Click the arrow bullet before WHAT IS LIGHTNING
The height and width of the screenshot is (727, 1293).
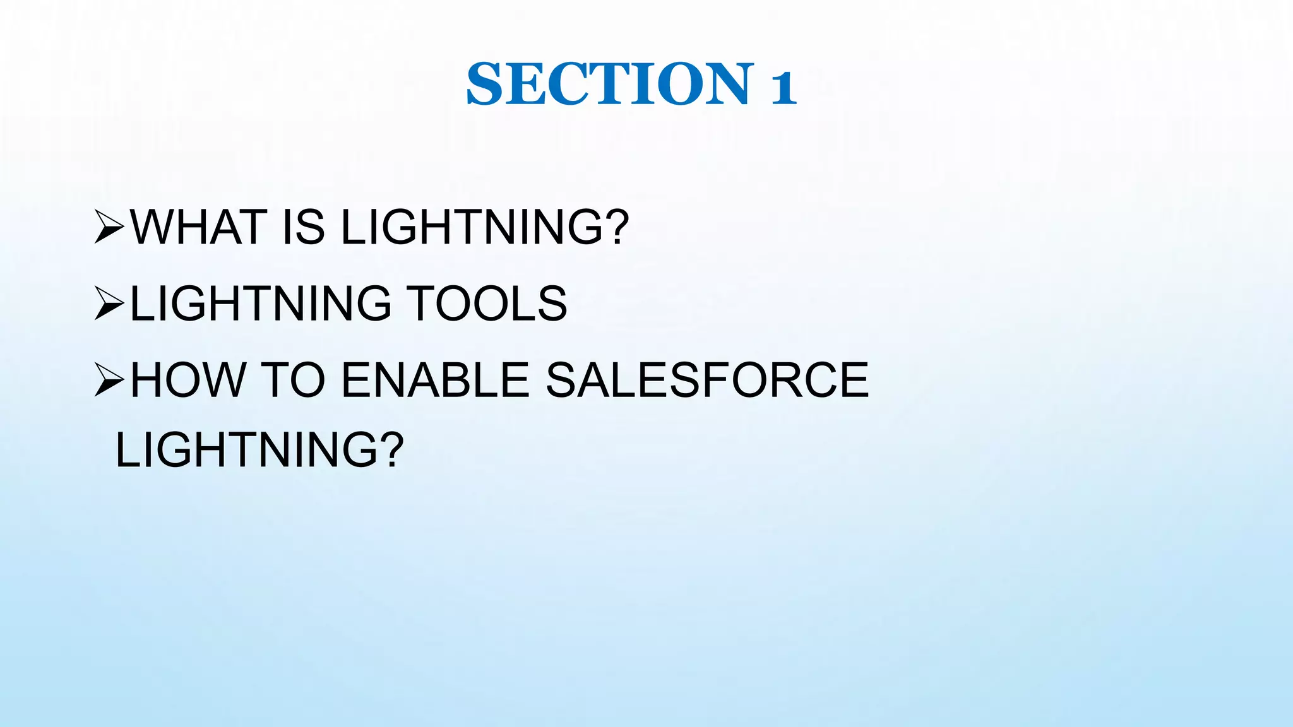click(109, 228)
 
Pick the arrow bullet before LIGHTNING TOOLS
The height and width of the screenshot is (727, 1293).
click(109, 304)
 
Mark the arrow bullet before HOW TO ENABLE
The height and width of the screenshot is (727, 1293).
click(109, 381)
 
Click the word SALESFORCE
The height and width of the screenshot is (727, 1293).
click(707, 380)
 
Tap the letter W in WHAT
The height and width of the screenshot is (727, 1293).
click(155, 227)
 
